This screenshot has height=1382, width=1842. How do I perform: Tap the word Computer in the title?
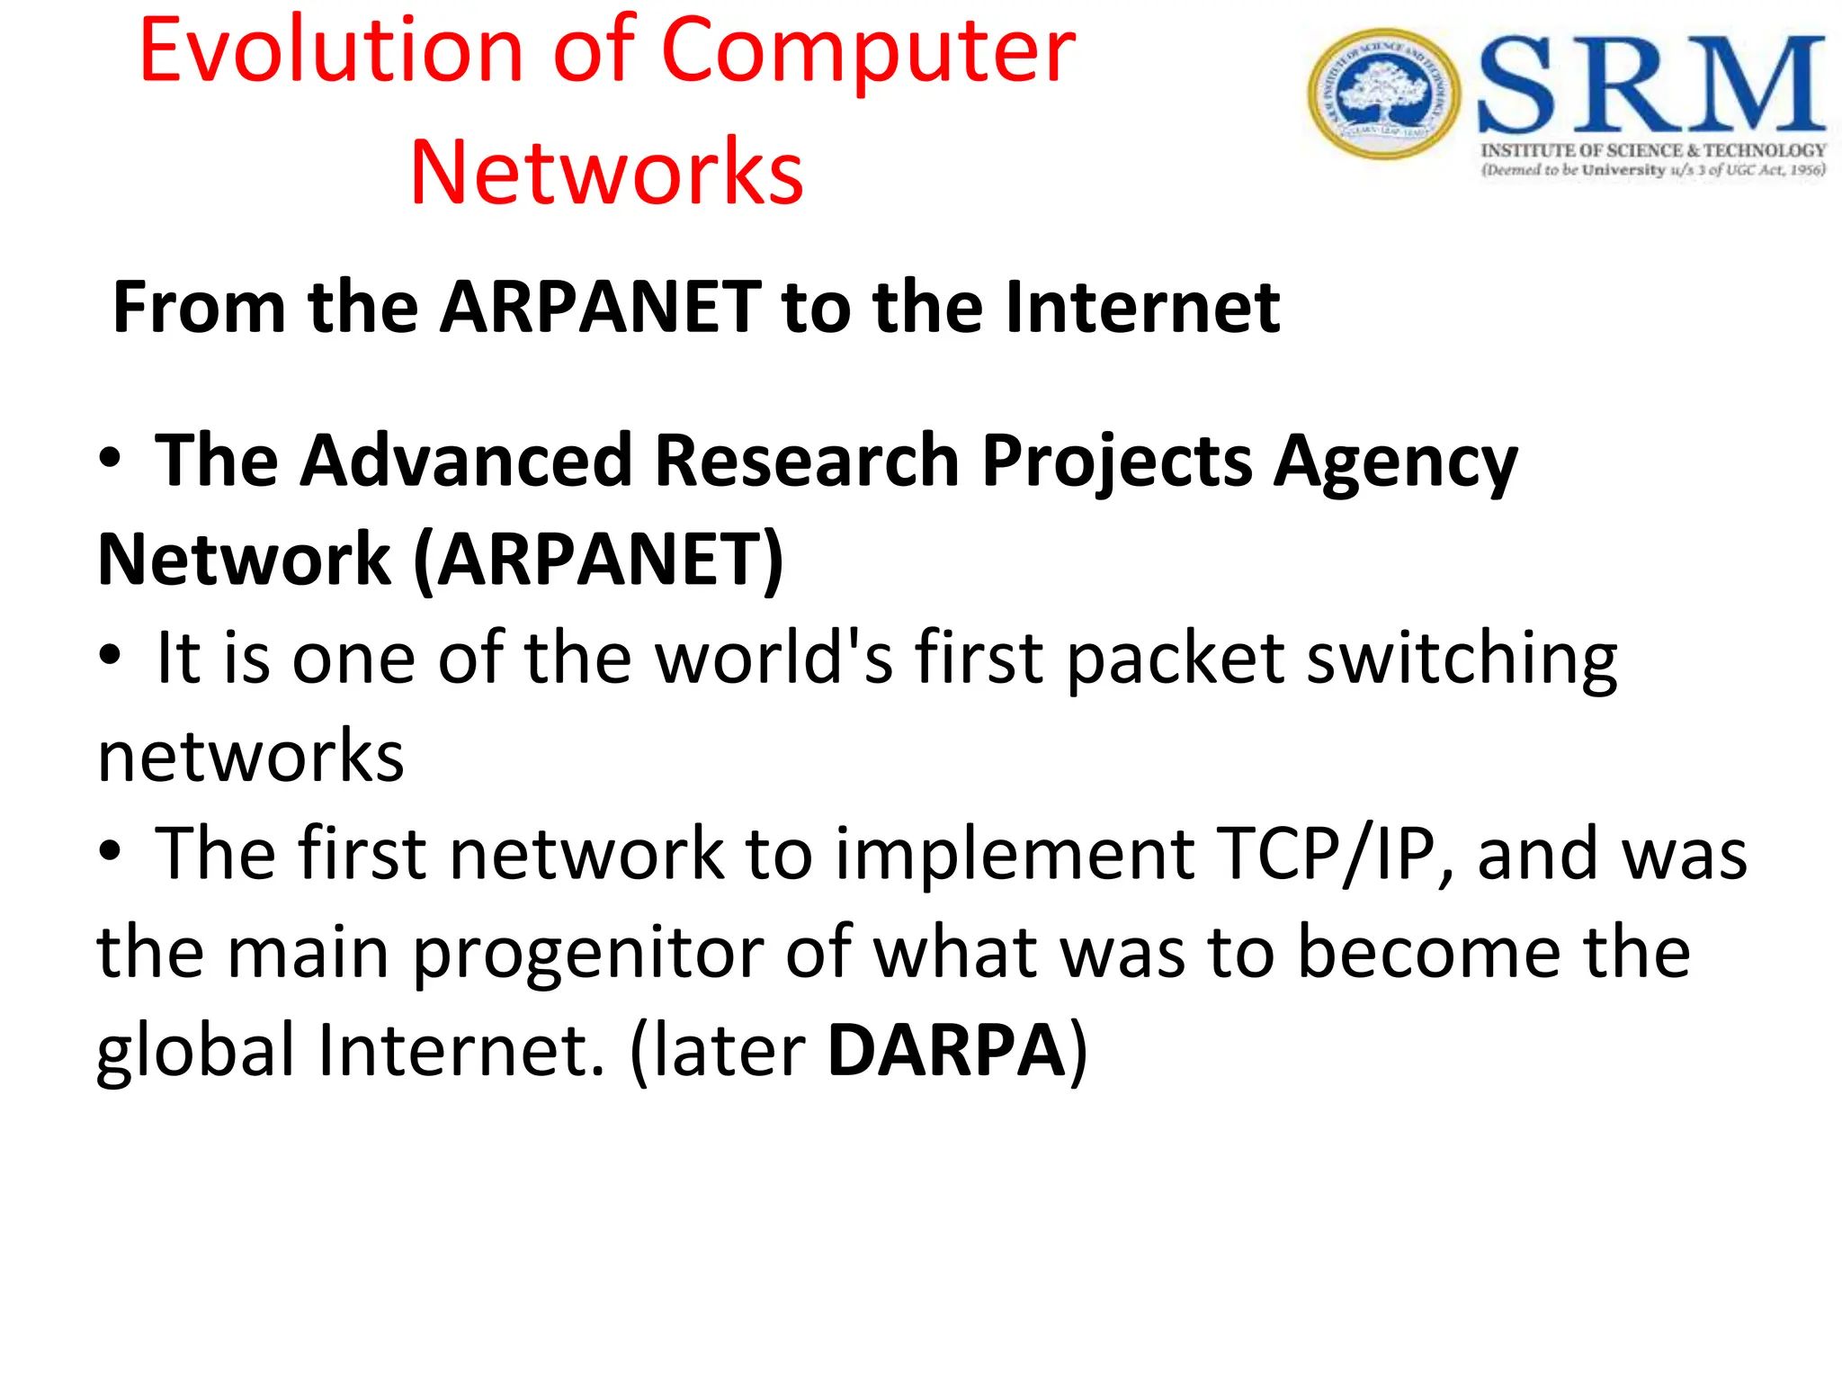[868, 52]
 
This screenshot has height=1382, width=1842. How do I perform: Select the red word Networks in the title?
[606, 172]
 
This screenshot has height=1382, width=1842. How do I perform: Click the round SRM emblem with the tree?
[1383, 94]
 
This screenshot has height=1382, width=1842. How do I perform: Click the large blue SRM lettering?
[1651, 85]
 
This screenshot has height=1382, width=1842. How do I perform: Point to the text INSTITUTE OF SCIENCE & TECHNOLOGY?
[1653, 150]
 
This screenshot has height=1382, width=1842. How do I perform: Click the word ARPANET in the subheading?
[600, 308]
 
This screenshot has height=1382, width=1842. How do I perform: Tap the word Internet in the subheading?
[1141, 308]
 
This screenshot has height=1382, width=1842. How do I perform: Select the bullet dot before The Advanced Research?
[110, 459]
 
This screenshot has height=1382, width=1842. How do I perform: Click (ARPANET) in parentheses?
[598, 560]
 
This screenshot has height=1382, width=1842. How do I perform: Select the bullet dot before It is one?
[110, 656]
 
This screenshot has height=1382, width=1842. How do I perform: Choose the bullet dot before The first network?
[110, 851]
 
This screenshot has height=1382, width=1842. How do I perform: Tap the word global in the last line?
[195, 1051]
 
